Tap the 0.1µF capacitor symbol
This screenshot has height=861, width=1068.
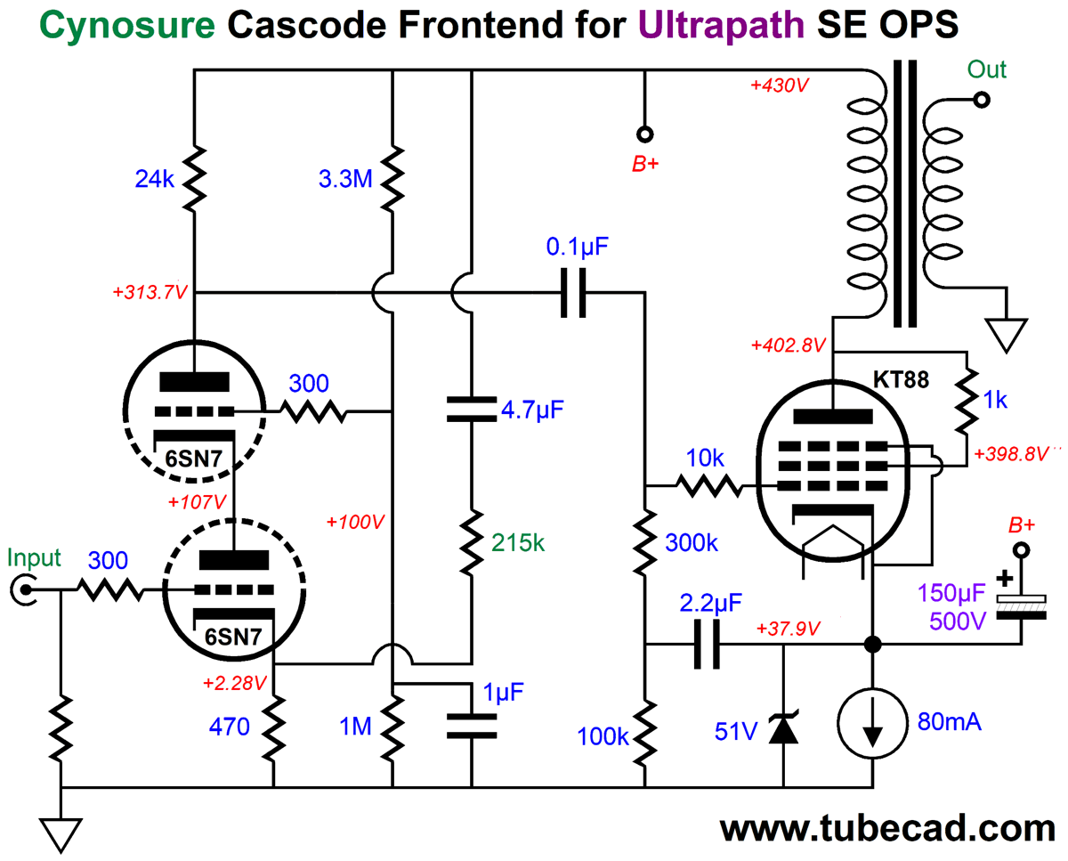pos(573,291)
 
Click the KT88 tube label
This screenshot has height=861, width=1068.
pos(901,381)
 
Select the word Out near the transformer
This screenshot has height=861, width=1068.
pos(988,69)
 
